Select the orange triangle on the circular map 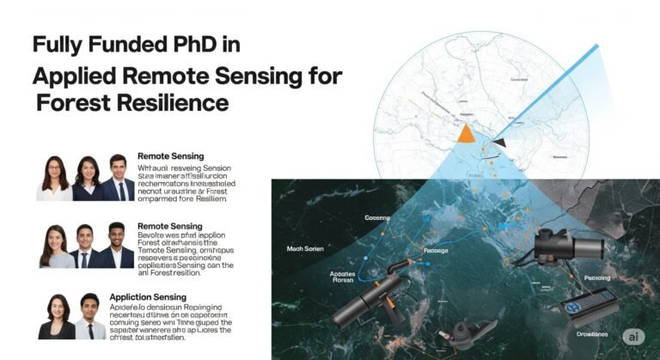(x=466, y=132)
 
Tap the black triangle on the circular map (x=499, y=142)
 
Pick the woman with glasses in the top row (x=53, y=179)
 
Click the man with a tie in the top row (x=118, y=178)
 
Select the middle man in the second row (x=82, y=247)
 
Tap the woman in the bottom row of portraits (x=57, y=317)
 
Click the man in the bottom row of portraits (x=91, y=317)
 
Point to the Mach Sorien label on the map (x=306, y=248)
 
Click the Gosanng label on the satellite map (x=376, y=218)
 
